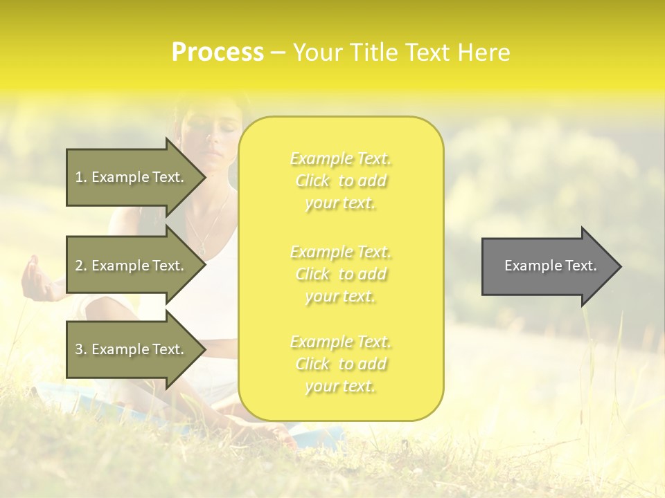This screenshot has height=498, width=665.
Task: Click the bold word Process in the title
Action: pos(218,52)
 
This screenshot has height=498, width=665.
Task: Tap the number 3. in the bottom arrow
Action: pos(81,349)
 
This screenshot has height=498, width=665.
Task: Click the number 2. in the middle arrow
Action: pos(81,266)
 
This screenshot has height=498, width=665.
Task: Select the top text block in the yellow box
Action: pos(341,181)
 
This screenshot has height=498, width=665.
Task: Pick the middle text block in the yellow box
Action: pos(341,274)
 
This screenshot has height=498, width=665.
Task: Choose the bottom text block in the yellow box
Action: pos(341,364)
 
